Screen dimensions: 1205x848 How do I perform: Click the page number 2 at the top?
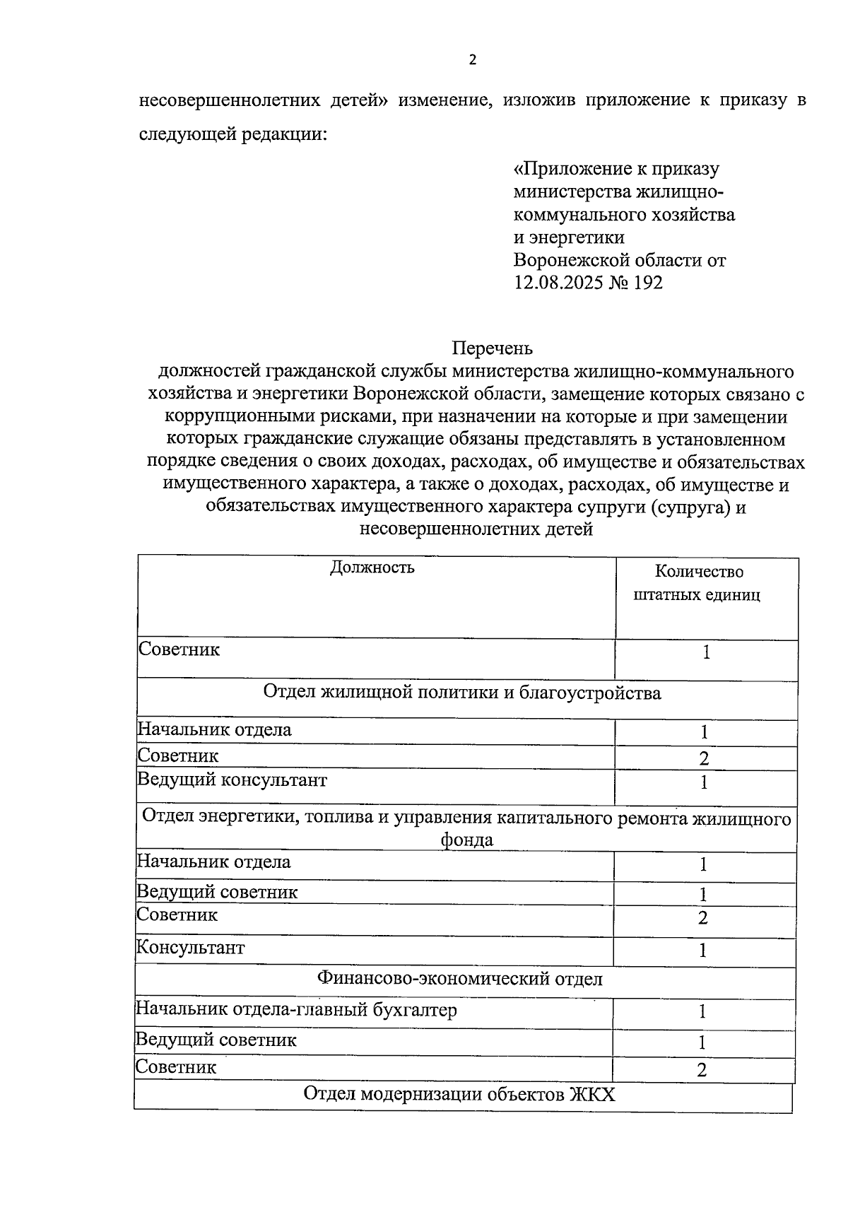tap(473, 60)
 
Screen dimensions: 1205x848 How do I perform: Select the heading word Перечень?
tap(492, 348)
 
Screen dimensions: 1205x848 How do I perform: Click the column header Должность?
tap(372, 568)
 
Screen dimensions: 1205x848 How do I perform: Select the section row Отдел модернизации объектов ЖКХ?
tap(459, 1094)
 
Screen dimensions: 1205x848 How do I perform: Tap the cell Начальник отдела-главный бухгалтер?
tap(296, 1009)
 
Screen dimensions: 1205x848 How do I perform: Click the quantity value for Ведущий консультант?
tap(704, 783)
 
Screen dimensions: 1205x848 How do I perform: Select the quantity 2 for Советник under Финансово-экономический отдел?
tap(702, 1070)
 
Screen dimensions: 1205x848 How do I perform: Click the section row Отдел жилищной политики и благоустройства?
tap(462, 693)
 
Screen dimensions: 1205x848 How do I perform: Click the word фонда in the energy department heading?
tap(466, 840)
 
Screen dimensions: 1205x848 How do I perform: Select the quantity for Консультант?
tap(703, 951)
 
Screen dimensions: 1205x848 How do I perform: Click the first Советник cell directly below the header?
tap(179, 649)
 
